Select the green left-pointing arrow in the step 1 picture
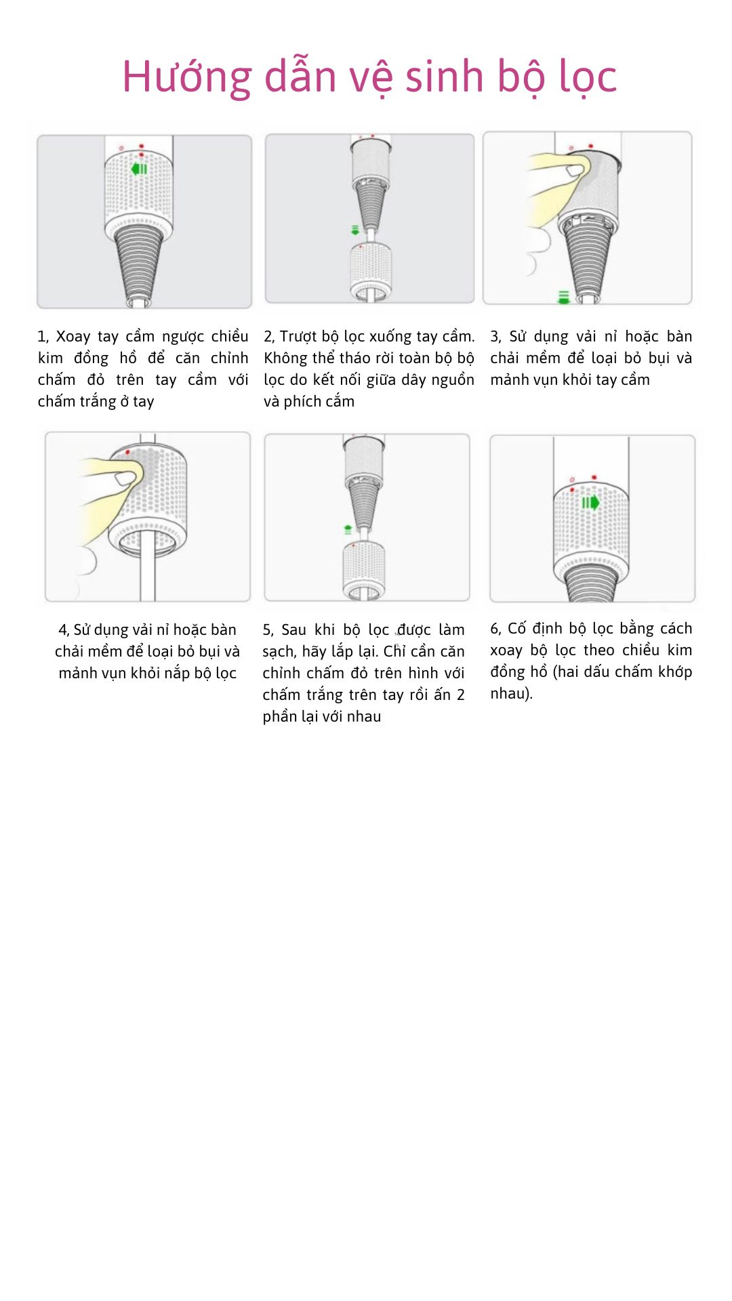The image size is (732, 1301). coord(139,169)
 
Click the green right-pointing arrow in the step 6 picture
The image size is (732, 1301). coord(591,503)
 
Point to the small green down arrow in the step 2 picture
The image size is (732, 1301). coord(355,230)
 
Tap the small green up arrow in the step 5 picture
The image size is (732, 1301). coord(348,529)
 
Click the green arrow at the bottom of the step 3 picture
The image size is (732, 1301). coord(563,297)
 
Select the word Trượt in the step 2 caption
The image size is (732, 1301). coord(299,337)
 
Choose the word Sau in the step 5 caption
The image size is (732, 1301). coord(293,629)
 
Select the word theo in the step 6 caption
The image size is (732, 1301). coord(599,650)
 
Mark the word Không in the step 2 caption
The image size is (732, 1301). coord(286,358)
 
